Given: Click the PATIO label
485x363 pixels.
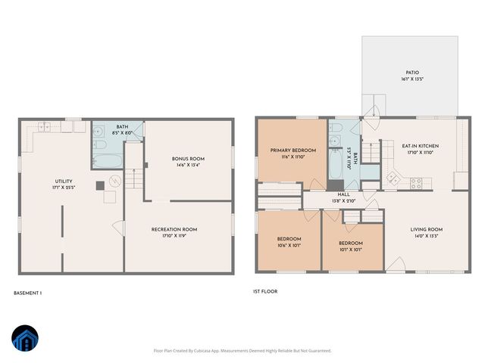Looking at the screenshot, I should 412,73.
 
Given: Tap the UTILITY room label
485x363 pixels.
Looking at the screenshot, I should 63,181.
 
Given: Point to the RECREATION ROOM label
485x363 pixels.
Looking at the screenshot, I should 174,229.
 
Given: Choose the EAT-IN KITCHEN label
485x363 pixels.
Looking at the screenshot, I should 408,146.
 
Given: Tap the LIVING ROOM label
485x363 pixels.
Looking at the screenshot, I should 426,229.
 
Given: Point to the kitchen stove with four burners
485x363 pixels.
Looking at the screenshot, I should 416,181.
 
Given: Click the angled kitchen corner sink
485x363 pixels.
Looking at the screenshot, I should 393,179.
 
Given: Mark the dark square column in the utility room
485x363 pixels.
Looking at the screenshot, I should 100,185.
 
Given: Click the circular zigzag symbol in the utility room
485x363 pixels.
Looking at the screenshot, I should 115,181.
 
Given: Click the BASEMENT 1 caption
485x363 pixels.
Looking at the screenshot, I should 28,293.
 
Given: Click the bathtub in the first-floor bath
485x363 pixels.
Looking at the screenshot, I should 335,166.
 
